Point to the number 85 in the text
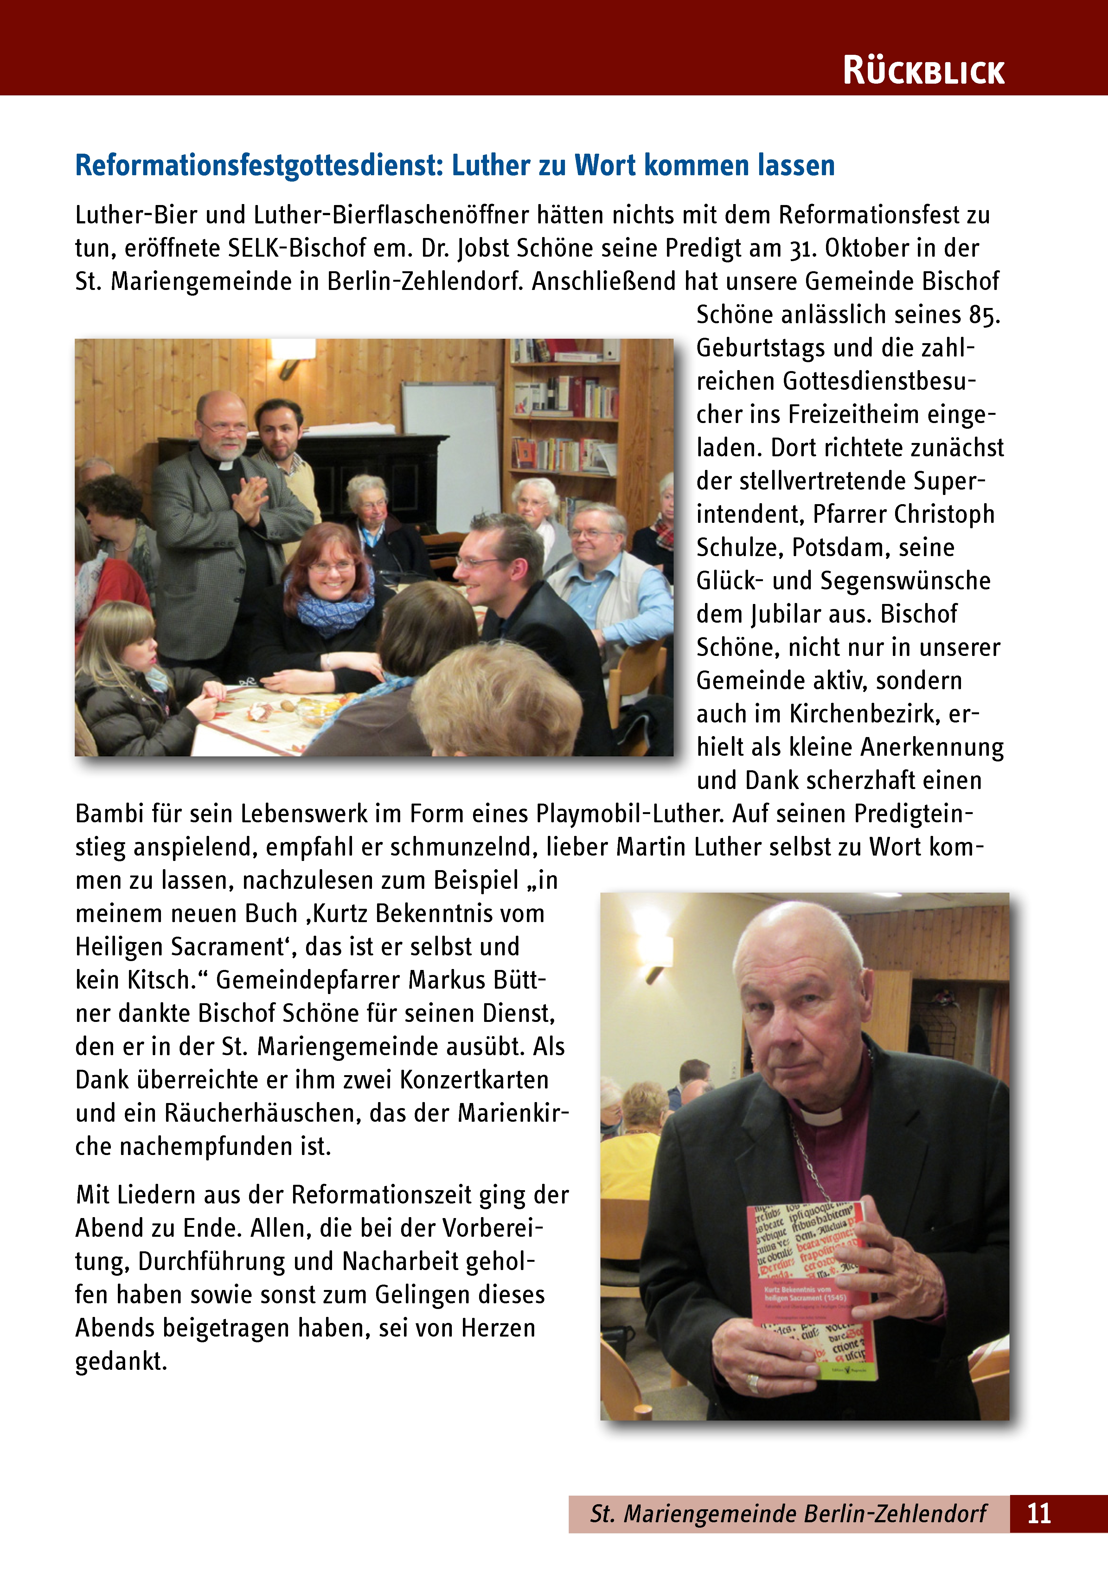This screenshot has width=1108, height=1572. (982, 315)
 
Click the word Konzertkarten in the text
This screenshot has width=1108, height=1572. (475, 1080)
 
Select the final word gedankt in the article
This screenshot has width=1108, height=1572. (121, 1361)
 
